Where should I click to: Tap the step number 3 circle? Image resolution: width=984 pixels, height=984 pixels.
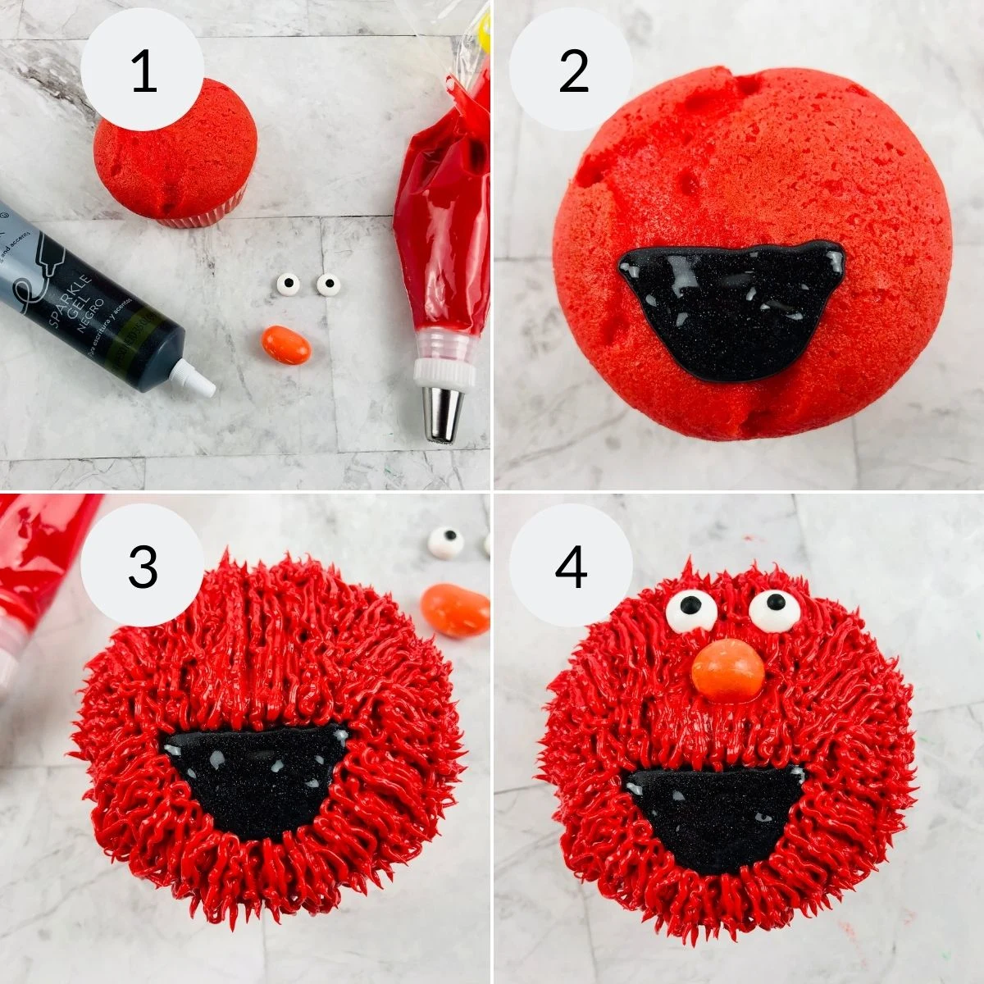pos(143,567)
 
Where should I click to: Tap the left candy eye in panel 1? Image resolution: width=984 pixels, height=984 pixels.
pos(286,285)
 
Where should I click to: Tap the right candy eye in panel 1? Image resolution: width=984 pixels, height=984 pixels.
pos(327,284)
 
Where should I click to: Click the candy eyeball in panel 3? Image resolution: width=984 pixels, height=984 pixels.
pos(447,540)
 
